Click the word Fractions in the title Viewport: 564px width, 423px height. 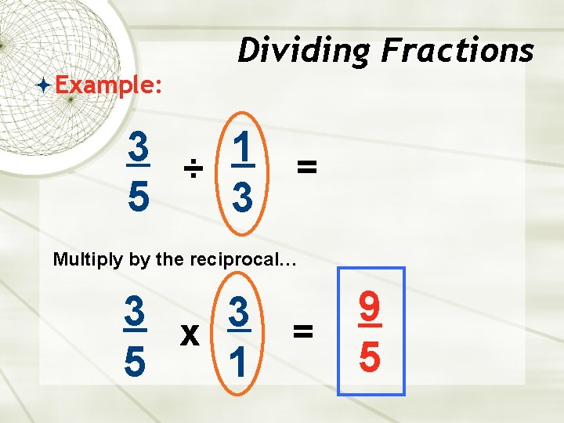[457, 52]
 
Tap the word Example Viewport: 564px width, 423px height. [108, 84]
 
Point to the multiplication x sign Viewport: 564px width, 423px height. [189, 334]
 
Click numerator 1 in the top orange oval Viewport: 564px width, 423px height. [243, 146]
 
